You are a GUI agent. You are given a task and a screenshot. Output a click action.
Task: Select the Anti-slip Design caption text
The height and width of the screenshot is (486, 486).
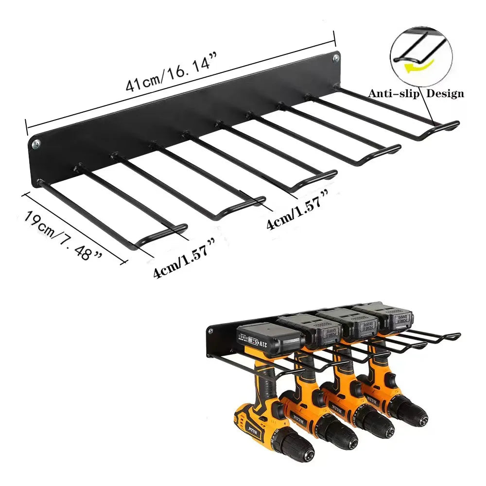(x=416, y=94)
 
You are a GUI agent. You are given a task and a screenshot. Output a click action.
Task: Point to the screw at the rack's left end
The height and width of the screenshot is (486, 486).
(x=36, y=144)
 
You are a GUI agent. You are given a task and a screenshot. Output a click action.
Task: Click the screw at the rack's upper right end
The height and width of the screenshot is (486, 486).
(x=336, y=59)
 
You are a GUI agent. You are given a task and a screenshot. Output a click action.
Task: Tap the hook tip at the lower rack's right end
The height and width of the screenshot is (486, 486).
(x=456, y=335)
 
